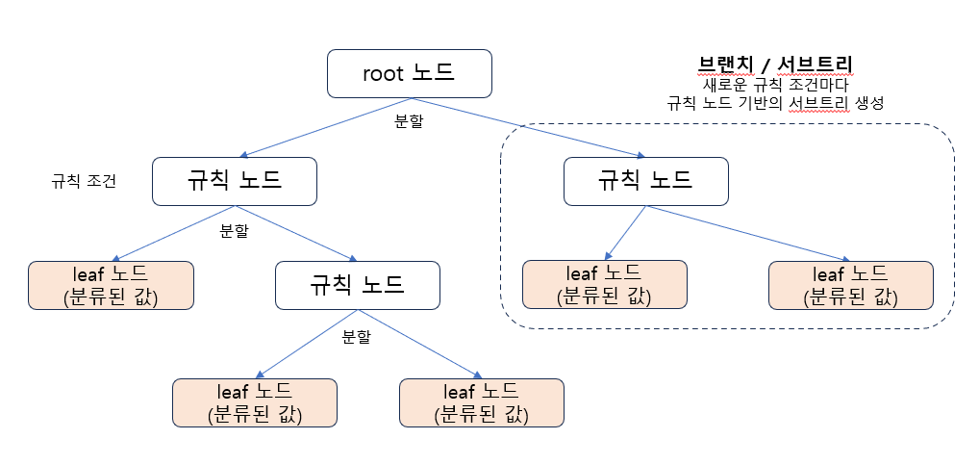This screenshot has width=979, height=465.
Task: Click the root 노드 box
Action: click(x=410, y=73)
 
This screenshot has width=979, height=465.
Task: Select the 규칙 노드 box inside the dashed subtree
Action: click(x=645, y=180)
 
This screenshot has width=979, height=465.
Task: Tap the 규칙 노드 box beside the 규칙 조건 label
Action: click(x=235, y=180)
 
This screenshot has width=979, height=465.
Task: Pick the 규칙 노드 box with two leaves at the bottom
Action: click(x=357, y=284)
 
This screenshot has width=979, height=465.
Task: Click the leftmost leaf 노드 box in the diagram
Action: click(x=111, y=285)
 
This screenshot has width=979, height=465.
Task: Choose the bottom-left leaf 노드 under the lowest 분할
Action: click(x=254, y=402)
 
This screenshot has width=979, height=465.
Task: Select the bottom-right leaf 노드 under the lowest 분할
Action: click(x=481, y=402)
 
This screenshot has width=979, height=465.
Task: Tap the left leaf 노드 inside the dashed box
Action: click(x=604, y=285)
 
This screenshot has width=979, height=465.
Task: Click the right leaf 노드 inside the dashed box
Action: click(x=851, y=285)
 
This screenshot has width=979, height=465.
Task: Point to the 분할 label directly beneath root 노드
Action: click(x=409, y=121)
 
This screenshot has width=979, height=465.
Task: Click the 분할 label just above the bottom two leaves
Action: click(x=356, y=337)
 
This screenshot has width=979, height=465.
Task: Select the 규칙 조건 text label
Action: click(x=84, y=181)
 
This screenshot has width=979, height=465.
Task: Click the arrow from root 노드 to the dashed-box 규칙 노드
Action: click(x=529, y=126)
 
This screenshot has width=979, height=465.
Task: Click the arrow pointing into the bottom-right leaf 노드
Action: click(x=418, y=344)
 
